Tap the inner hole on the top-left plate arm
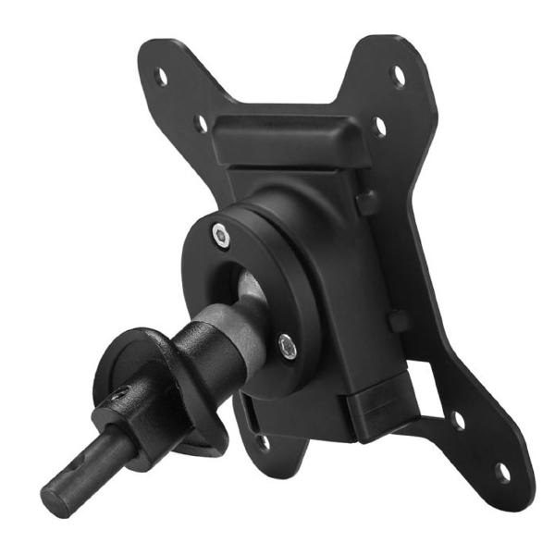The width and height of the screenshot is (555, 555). pos(200,122)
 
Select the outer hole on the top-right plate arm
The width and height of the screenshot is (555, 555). pos(399,74)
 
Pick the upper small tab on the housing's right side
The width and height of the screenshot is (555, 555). pos(367,203)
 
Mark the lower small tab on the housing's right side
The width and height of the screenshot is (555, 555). pos(398,321)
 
